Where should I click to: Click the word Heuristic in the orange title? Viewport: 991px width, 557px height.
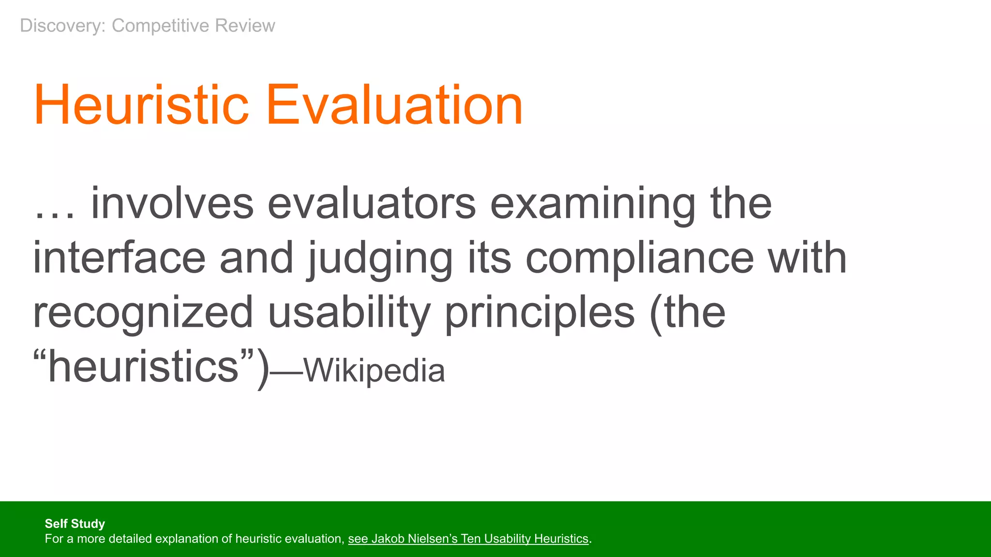coord(141,105)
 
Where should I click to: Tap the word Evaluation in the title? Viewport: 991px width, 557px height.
coord(394,105)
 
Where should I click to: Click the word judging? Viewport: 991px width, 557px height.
coord(379,259)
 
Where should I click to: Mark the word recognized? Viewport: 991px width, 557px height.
coord(143,312)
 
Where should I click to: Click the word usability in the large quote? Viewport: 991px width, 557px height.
coord(349,312)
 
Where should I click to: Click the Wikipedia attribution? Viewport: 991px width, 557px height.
coord(374,371)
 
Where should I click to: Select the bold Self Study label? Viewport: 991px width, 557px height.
coord(75,524)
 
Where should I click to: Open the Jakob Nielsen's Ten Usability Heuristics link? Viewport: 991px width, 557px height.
coord(468,539)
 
